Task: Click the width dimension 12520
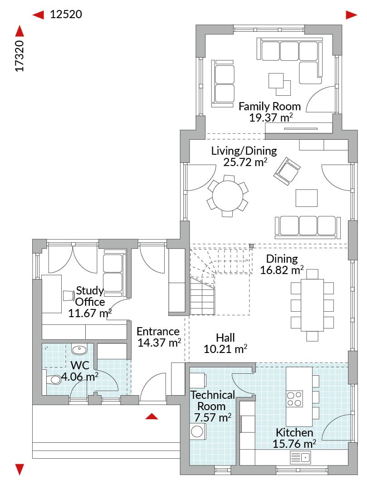point(66,15)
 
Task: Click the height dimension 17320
point(20,56)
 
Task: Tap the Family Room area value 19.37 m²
point(271,118)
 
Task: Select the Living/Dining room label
point(244,151)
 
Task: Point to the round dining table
point(228,196)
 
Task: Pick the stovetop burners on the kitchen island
point(294,398)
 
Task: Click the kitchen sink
point(300,457)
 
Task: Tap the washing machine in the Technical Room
point(197,432)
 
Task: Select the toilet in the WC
point(53,380)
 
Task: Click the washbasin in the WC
point(79,349)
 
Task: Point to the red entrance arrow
point(152,416)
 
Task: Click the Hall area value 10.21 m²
point(225,349)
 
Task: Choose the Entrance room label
point(158,331)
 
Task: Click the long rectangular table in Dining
point(312,305)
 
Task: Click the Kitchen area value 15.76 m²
point(294,444)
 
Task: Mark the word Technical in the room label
point(213,395)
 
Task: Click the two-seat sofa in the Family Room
point(223,84)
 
